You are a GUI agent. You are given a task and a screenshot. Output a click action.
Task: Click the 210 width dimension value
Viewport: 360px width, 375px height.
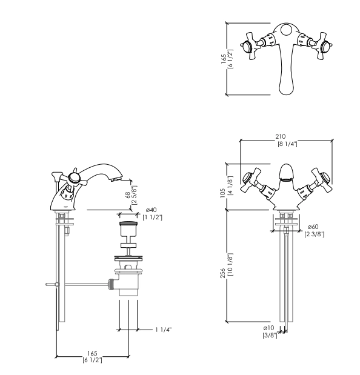click(x=281, y=136)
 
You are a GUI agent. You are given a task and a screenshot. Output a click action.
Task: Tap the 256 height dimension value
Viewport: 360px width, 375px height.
click(x=222, y=273)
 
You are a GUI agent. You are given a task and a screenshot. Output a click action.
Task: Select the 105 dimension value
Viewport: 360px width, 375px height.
click(x=222, y=193)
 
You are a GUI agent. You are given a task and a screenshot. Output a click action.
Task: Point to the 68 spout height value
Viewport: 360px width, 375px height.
click(x=128, y=195)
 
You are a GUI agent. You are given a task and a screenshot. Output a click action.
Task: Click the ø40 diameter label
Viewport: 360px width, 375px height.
click(x=151, y=210)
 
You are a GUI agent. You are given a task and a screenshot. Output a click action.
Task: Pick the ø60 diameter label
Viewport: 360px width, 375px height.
click(x=313, y=227)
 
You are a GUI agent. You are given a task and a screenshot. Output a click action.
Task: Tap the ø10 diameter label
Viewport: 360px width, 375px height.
click(x=268, y=328)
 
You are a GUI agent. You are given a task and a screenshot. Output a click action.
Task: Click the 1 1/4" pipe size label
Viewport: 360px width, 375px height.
click(x=164, y=330)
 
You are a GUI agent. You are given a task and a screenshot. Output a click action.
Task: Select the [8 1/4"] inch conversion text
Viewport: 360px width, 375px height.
click(x=287, y=144)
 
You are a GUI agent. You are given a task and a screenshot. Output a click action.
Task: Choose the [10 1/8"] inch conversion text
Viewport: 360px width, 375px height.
click(x=230, y=265)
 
